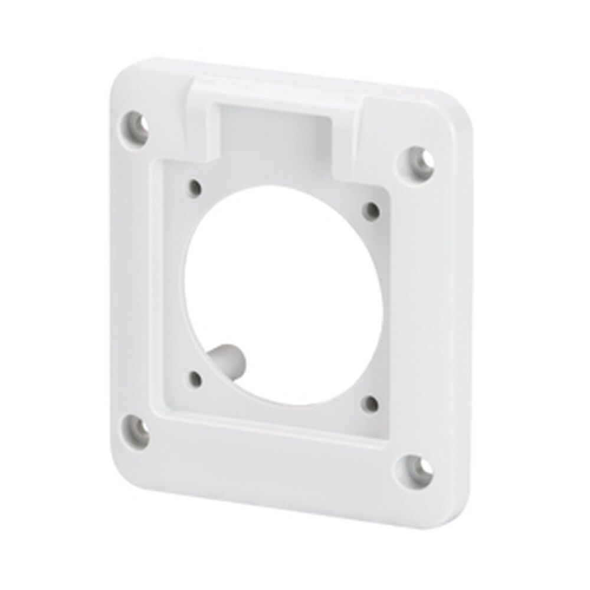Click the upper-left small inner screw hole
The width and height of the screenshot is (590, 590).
pyautogui.click(x=194, y=189)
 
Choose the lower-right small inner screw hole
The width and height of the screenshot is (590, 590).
pyautogui.click(x=370, y=404)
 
